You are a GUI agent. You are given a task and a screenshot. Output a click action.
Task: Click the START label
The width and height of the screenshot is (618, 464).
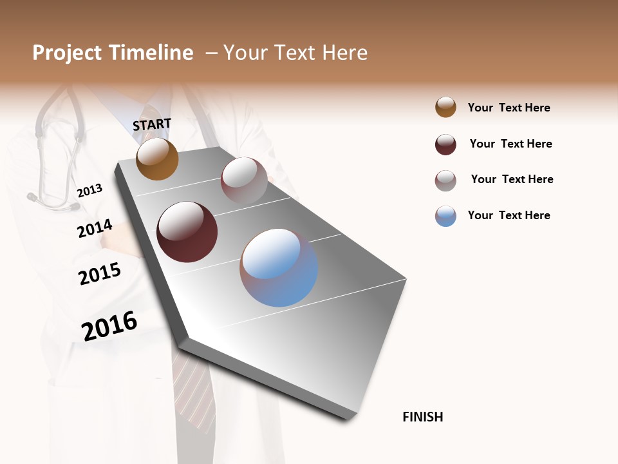click(x=152, y=124)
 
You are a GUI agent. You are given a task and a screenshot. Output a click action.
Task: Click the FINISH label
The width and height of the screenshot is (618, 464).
click(x=422, y=417)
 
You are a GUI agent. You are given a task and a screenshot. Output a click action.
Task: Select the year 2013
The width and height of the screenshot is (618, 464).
click(x=89, y=191)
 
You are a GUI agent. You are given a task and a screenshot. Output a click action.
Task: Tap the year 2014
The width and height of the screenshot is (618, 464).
click(x=95, y=229)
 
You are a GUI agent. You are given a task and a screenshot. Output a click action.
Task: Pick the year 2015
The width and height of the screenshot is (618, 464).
click(x=100, y=274)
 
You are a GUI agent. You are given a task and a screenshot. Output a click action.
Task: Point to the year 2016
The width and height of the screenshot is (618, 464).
click(x=109, y=325)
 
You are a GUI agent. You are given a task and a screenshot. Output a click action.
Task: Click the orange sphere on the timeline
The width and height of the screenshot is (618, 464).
click(x=157, y=159)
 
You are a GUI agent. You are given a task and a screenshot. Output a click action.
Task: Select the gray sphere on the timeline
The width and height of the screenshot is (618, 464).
click(x=244, y=180)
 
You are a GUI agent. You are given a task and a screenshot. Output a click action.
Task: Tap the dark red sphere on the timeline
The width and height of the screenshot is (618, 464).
click(x=187, y=232)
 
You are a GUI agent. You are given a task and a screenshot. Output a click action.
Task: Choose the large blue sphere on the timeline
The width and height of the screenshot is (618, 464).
click(x=279, y=267)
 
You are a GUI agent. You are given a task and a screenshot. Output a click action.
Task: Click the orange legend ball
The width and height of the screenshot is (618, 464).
click(x=445, y=107)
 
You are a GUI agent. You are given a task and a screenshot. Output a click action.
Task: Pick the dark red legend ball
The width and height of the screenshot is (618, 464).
click(x=445, y=144)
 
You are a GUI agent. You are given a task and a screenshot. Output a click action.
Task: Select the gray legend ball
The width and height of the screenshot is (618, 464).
click(x=445, y=180)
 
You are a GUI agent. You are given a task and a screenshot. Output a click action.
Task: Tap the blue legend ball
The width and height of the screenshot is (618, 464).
click(x=445, y=216)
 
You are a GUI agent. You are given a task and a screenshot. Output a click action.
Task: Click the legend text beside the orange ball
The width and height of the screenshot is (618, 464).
click(x=509, y=108)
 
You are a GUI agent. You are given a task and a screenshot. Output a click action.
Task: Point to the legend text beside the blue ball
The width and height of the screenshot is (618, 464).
click(x=509, y=215)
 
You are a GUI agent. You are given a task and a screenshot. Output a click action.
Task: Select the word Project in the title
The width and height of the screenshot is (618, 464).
click(x=67, y=53)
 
